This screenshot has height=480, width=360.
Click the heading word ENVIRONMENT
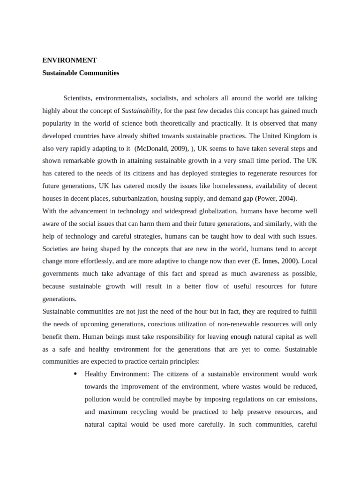(69, 60)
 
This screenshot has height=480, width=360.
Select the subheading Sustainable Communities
(81, 73)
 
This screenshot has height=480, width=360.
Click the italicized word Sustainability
(141, 111)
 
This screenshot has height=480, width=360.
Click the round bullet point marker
(75, 374)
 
